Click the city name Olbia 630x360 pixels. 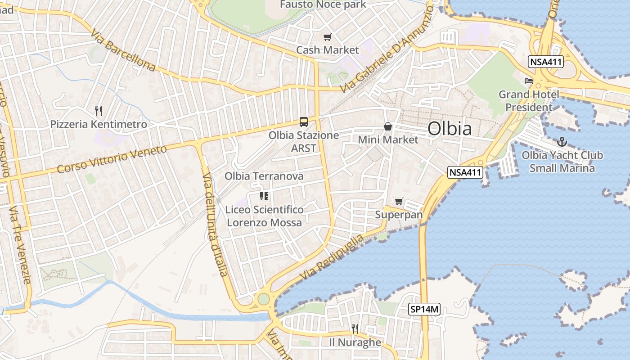click(x=450, y=129)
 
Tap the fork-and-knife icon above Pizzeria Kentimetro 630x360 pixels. click(x=99, y=111)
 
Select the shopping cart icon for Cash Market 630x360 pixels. click(x=327, y=37)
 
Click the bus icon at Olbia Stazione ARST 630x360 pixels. click(x=304, y=121)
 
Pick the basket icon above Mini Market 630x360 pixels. click(x=387, y=127)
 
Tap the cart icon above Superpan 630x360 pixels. click(x=399, y=201)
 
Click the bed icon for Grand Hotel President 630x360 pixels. click(x=529, y=81)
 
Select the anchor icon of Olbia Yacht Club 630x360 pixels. click(x=562, y=142)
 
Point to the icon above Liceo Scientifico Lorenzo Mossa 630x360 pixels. click(x=264, y=196)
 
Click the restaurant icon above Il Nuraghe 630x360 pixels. click(x=355, y=329)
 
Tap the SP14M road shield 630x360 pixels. click(x=424, y=309)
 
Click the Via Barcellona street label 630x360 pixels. click(x=122, y=50)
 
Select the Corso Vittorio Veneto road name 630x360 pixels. click(x=112, y=159)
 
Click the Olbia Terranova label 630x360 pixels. click(x=264, y=176)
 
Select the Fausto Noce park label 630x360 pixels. click(x=323, y=4)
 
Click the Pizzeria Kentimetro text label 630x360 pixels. click(x=99, y=124)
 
